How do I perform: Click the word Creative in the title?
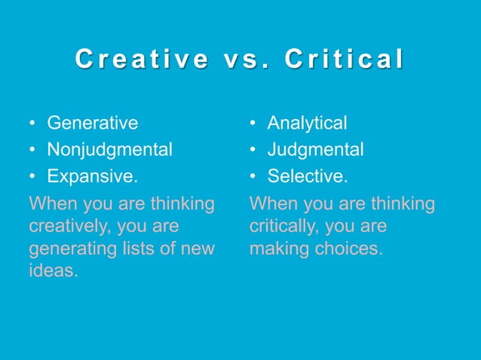point(142,59)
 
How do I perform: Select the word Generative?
point(93,123)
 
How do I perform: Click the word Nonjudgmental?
point(109,150)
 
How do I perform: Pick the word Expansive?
point(93,177)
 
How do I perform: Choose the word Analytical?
point(307,123)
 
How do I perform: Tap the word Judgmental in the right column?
point(315,150)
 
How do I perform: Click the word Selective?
point(307,177)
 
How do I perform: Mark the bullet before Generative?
point(32,124)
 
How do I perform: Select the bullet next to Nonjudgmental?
point(32,151)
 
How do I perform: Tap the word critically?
point(280,226)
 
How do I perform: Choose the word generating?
point(69,248)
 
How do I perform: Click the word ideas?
point(53,270)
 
